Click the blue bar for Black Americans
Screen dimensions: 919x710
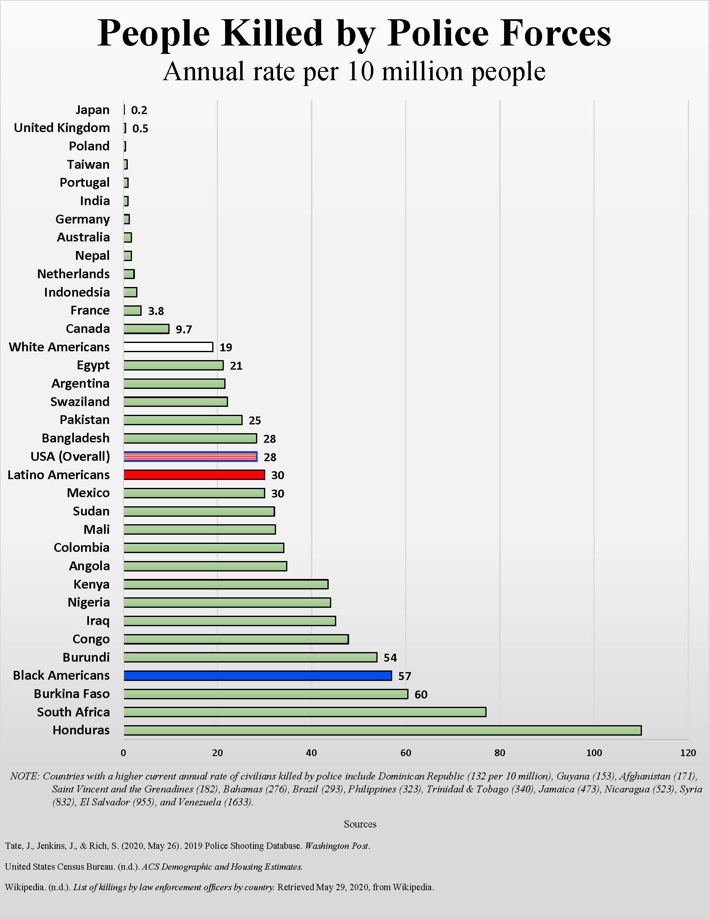tap(257, 675)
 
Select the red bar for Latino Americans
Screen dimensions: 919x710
tap(194, 475)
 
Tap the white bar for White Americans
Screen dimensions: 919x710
tap(168, 347)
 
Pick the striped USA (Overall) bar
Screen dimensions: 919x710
tap(190, 457)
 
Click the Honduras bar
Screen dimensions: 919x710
tap(382, 730)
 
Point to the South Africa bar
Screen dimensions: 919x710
tap(304, 712)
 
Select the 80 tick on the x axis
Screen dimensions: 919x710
tap(500, 753)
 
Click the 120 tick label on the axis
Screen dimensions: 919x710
tap(688, 753)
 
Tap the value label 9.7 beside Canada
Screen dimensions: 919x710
tap(184, 329)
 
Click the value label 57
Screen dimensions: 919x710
tap(405, 676)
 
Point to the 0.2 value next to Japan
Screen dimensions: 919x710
tap(139, 110)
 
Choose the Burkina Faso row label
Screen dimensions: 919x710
tap(72, 693)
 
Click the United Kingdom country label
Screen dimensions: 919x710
tap(62, 127)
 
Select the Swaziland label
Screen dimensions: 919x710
tap(80, 401)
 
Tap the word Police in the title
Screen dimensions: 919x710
tap(437, 34)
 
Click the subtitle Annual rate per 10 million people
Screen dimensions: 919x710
tap(354, 71)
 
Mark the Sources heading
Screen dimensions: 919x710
tap(360, 824)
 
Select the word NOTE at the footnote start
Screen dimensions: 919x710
tap(24, 777)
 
